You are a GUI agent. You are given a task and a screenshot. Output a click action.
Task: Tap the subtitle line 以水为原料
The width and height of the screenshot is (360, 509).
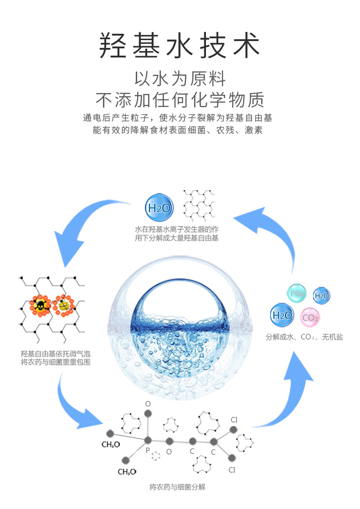(180, 78)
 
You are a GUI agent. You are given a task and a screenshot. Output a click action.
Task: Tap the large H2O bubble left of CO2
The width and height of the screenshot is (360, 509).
(282, 315)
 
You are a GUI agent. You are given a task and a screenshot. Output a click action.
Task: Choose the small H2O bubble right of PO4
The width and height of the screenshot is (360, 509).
(322, 296)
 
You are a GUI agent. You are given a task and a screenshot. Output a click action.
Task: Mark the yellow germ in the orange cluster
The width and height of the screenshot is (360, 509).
(63, 304)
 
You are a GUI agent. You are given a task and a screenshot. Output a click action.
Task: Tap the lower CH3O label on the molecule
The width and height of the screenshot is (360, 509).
(127, 472)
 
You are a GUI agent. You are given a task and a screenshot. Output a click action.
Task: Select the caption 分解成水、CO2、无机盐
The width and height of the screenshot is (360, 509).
(304, 338)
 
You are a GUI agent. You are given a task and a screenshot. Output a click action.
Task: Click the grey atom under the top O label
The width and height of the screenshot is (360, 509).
(147, 414)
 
